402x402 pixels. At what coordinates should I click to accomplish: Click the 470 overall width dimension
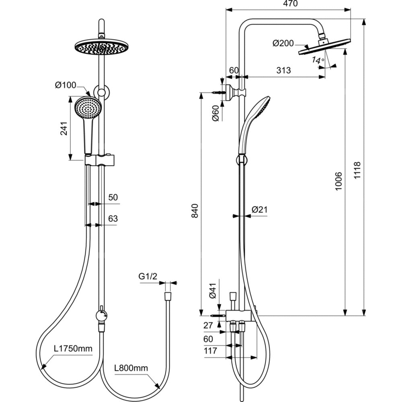(289, 4)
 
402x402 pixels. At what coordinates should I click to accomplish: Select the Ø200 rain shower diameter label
(283, 43)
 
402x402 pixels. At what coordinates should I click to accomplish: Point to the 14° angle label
(318, 61)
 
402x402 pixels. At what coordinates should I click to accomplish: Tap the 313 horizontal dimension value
(283, 70)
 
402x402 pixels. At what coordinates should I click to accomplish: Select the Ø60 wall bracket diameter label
(215, 113)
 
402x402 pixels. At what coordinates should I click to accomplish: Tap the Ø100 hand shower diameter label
(66, 85)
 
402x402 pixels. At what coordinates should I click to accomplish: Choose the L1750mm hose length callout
(73, 348)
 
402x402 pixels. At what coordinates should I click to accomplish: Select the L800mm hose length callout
(131, 368)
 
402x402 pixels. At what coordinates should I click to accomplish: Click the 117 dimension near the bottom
(210, 351)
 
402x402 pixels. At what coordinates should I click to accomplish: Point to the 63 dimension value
(113, 219)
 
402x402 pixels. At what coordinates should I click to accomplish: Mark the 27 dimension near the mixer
(209, 326)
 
